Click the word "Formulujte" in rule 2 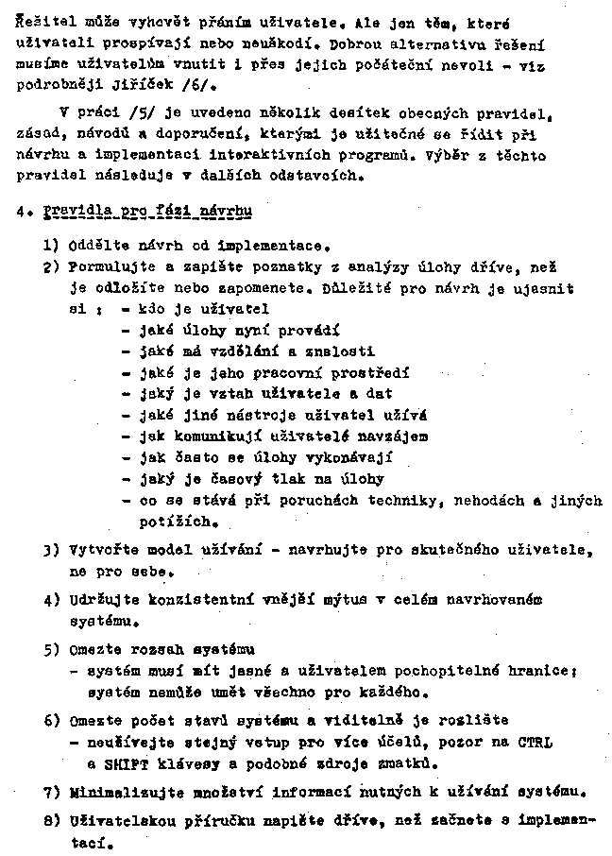pyautogui.click(x=108, y=265)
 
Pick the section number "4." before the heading pyautogui.click(x=23, y=210)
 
